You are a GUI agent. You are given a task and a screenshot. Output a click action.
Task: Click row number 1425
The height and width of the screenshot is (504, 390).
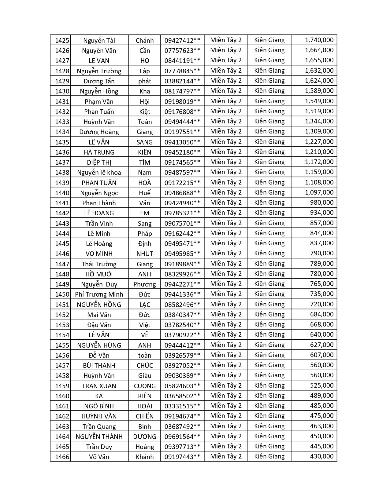click(x=62, y=40)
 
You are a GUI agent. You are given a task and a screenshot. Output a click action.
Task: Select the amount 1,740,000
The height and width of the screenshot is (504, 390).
click(x=319, y=40)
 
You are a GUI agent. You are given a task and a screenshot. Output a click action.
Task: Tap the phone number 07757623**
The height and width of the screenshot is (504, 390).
click(x=182, y=50)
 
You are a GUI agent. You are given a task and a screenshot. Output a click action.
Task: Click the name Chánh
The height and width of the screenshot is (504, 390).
click(x=144, y=40)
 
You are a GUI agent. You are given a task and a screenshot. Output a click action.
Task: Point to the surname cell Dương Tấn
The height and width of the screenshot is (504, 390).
click(x=99, y=81)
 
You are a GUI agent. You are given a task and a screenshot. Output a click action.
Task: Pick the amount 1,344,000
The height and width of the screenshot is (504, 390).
click(x=319, y=121)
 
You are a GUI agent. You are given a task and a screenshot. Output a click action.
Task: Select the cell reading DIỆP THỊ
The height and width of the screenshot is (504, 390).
click(x=99, y=162)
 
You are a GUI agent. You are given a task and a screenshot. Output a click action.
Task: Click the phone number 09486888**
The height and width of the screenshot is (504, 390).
click(x=182, y=192)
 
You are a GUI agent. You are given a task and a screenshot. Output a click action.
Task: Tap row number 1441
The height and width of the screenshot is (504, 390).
click(x=62, y=203)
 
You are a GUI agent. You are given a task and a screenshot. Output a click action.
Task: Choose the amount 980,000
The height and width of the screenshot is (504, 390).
click(x=322, y=203)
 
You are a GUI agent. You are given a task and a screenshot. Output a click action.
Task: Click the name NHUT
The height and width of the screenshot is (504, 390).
click(x=144, y=254)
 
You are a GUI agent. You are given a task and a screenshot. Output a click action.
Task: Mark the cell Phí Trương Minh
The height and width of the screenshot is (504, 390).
click(x=99, y=294)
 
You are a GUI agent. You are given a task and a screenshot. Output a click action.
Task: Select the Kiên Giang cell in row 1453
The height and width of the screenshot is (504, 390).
click(x=269, y=324)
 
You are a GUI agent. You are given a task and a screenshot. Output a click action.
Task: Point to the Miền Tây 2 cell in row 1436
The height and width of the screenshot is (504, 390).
click(x=226, y=152)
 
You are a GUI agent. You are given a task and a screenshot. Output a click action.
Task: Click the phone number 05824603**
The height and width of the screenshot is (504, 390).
click(x=182, y=385)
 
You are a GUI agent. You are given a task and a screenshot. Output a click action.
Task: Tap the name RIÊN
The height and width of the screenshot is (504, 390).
click(x=144, y=396)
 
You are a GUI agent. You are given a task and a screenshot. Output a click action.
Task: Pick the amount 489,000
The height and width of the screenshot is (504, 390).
click(x=322, y=396)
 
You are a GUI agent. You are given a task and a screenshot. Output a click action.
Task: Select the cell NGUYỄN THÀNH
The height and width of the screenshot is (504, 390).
click(x=99, y=436)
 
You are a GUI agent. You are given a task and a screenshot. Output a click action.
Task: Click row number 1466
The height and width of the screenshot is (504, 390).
click(x=62, y=457)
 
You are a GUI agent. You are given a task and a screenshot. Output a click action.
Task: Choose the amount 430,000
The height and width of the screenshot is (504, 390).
click(x=322, y=456)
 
